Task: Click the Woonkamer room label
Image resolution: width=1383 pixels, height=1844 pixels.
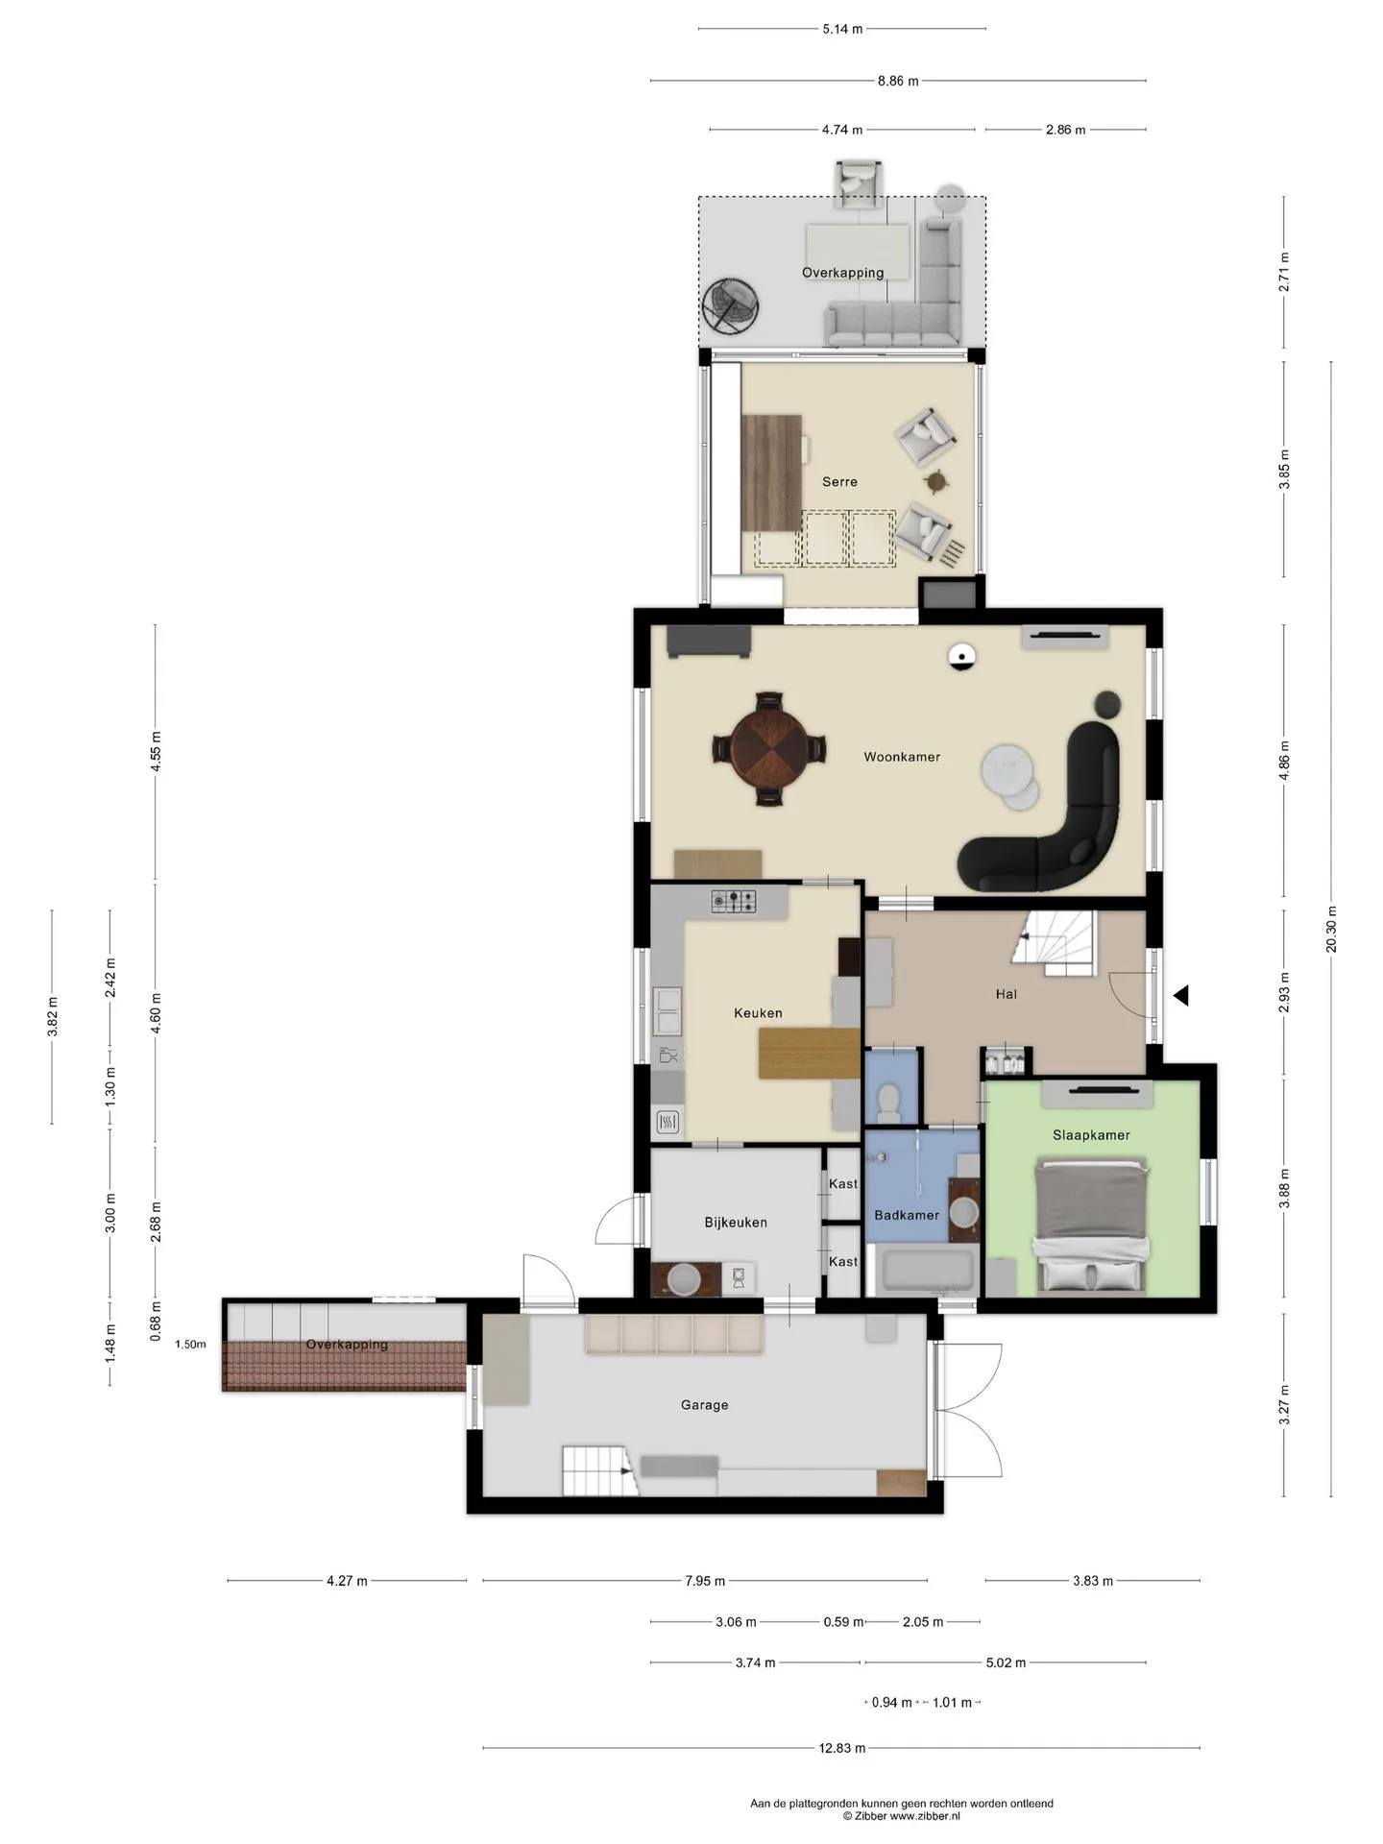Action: pyautogui.click(x=902, y=757)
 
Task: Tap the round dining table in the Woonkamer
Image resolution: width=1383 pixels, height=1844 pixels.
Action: pyautogui.click(x=769, y=748)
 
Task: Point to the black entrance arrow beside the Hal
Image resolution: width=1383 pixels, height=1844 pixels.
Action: pyautogui.click(x=1180, y=996)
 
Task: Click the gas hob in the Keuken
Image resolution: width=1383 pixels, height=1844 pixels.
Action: pyautogui.click(x=733, y=901)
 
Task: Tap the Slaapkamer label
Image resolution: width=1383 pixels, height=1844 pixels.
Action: pyautogui.click(x=1091, y=1135)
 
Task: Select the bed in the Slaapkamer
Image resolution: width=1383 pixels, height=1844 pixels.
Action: pyautogui.click(x=1091, y=1226)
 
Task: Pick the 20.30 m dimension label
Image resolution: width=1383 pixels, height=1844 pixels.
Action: pyautogui.click(x=1331, y=929)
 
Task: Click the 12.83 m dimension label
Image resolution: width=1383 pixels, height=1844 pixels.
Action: pyautogui.click(x=842, y=1748)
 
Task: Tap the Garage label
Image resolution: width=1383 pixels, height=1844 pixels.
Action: pyautogui.click(x=704, y=1405)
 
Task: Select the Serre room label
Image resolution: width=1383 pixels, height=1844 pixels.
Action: pyautogui.click(x=839, y=482)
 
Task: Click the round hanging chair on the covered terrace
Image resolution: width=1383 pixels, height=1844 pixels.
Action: pyautogui.click(x=731, y=307)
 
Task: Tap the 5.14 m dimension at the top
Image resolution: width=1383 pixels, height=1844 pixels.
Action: pyautogui.click(x=842, y=29)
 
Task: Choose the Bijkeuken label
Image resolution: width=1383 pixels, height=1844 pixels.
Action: pyautogui.click(x=736, y=1223)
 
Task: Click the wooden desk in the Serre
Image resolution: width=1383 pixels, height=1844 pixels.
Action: pyautogui.click(x=771, y=473)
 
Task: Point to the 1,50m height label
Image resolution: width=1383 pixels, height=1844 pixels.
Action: pyautogui.click(x=190, y=1345)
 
